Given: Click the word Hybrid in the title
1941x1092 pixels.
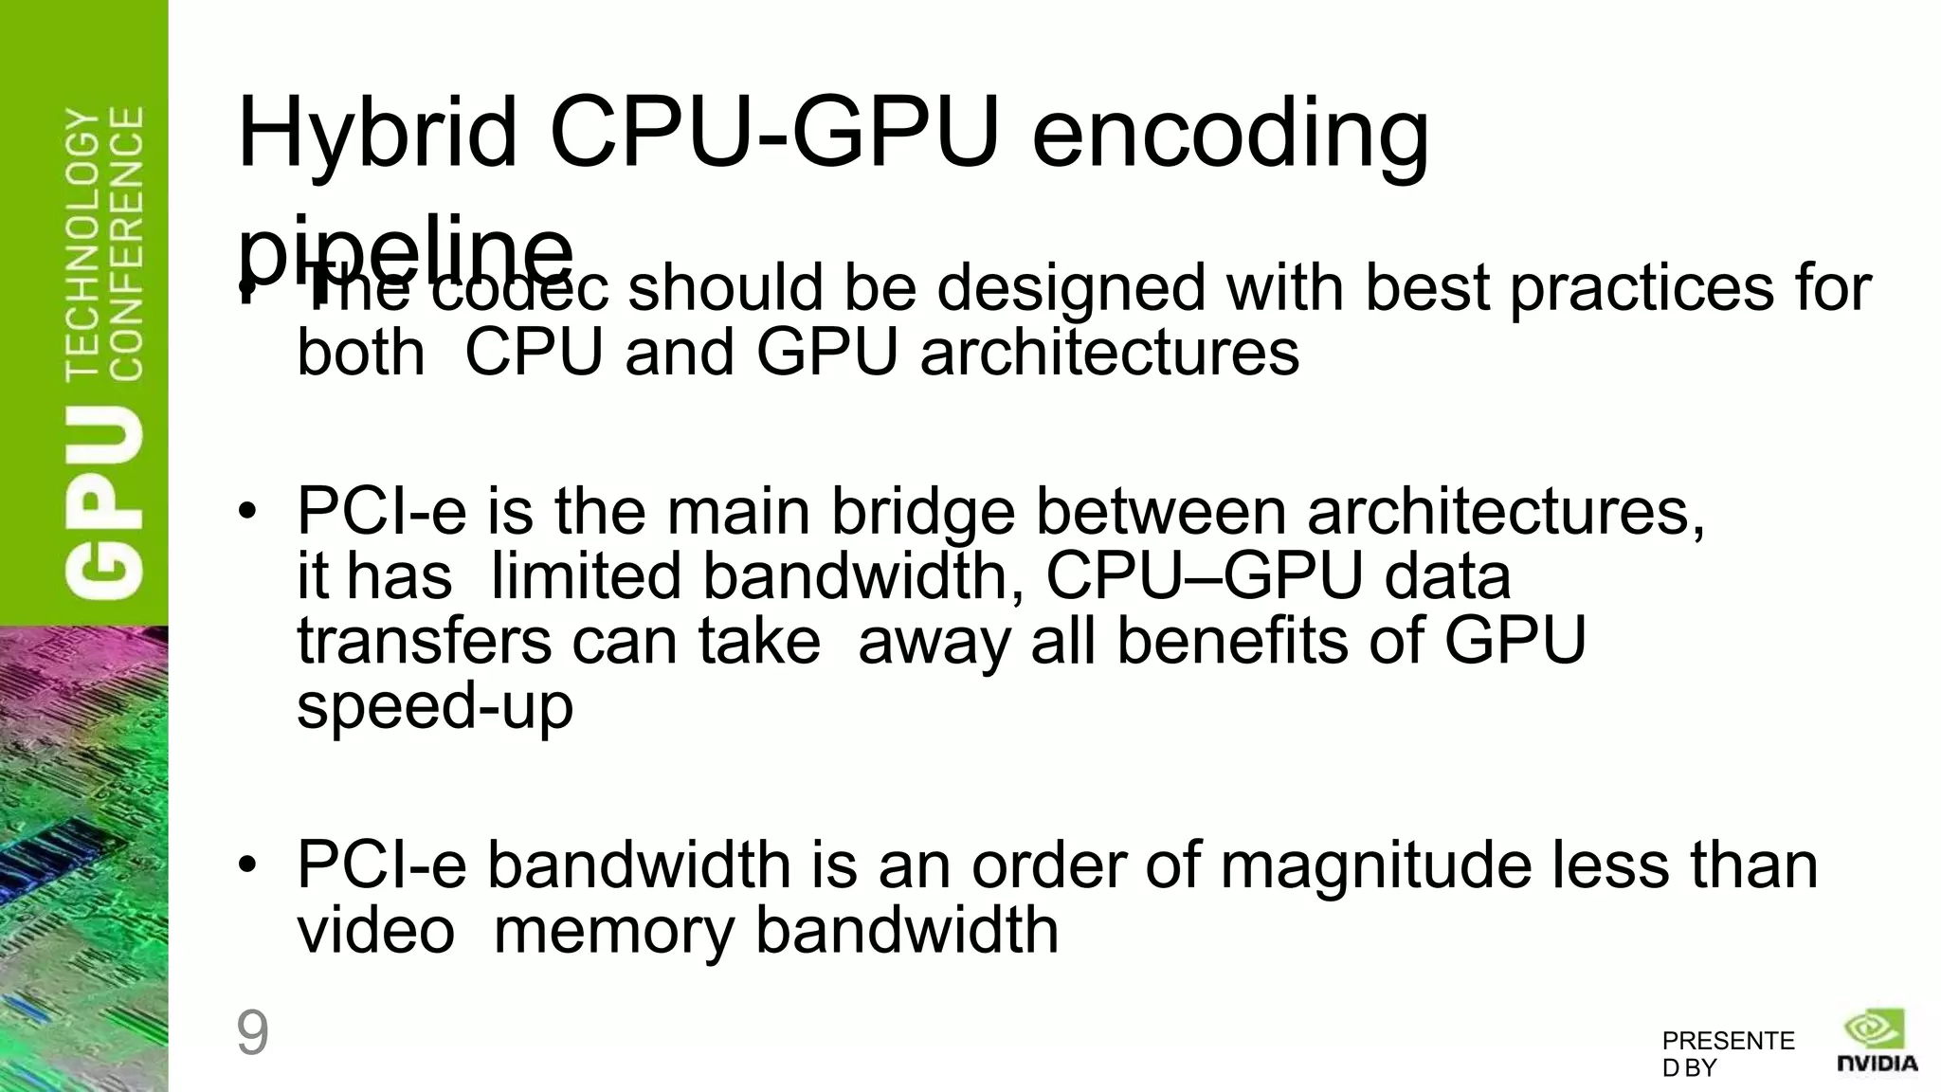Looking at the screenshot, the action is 377,135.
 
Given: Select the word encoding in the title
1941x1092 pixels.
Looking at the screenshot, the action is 1229,135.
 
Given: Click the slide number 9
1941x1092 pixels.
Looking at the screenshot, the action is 252,1033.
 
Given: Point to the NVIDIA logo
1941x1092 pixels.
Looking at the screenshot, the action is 1878,1042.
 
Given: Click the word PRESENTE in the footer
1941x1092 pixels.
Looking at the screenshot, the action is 1728,1041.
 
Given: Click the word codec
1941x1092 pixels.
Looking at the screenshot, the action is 520,288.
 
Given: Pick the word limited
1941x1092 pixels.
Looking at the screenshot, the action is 586,576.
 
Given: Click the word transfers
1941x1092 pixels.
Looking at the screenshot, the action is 424,641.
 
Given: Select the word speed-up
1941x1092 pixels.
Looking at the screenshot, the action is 435,706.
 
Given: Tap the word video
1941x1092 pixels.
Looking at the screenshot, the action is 375,930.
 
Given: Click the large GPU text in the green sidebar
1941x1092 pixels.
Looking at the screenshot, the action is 105,500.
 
